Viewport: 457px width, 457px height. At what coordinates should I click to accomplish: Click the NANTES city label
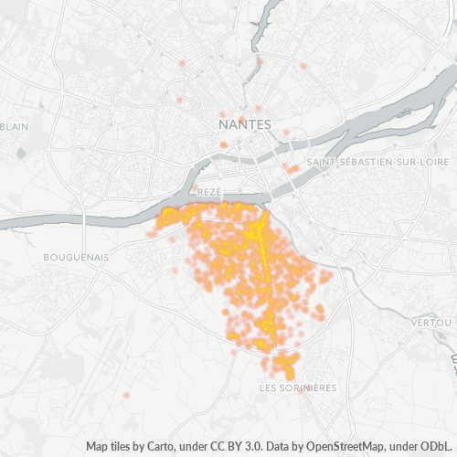point(245,122)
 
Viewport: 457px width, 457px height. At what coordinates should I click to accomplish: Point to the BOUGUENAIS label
point(76,258)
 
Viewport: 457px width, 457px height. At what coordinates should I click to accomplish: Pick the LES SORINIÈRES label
point(299,388)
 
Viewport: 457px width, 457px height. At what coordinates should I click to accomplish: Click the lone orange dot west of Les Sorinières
point(126,395)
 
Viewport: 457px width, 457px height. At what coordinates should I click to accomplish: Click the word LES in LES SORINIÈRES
point(270,388)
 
